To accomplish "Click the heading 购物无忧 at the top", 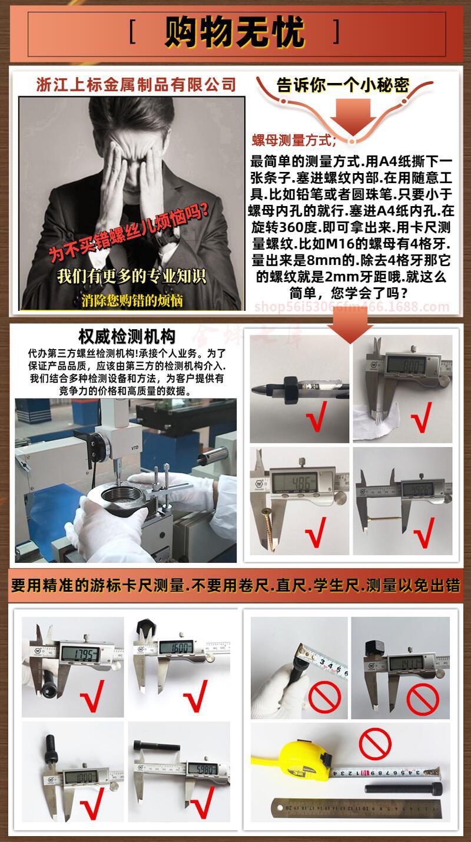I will (234, 32).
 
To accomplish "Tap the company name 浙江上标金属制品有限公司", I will (136, 84).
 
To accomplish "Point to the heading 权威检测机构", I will (127, 337).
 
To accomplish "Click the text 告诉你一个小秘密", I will (343, 85).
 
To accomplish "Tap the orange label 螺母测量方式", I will (294, 140).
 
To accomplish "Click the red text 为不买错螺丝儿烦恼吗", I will (130, 234).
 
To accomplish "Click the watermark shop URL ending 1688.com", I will (351, 306).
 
